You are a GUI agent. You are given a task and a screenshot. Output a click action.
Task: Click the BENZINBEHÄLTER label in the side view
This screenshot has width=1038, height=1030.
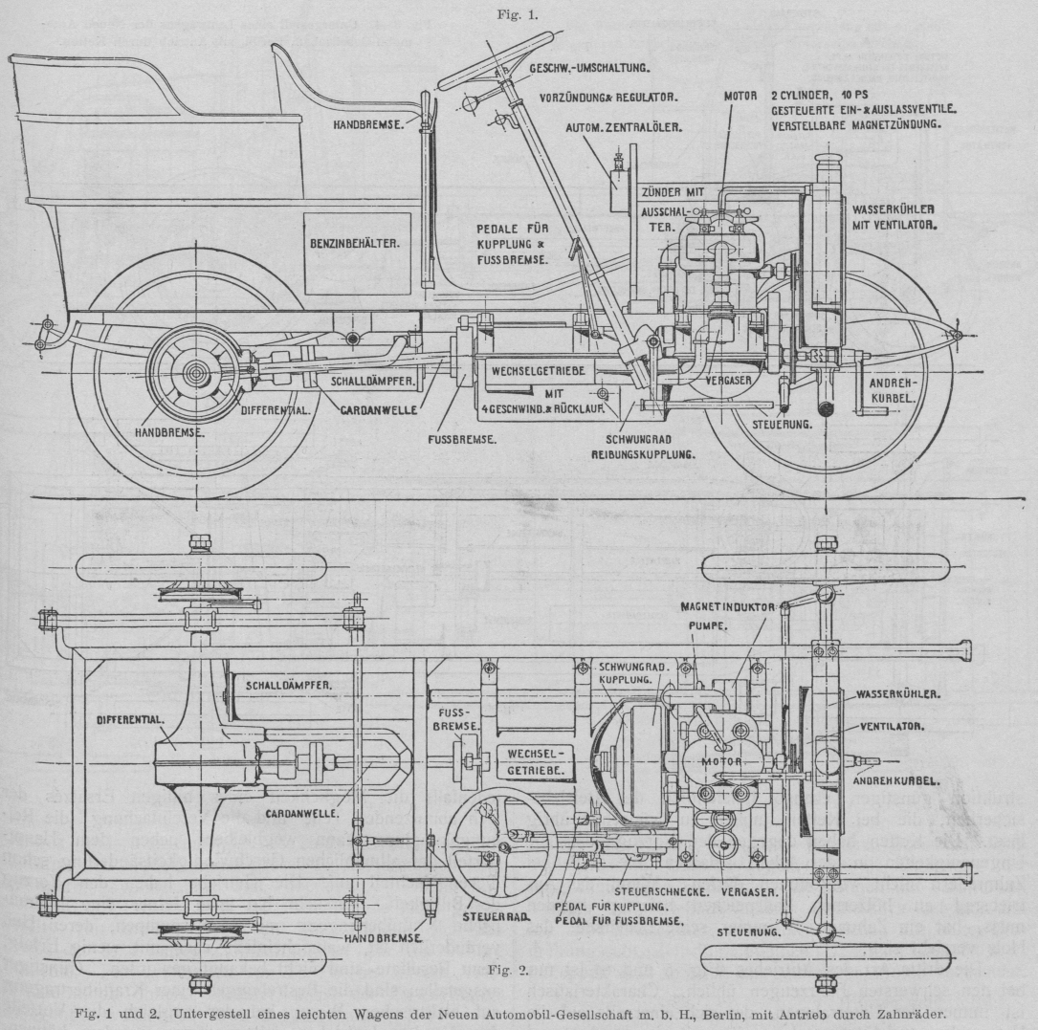[351, 245]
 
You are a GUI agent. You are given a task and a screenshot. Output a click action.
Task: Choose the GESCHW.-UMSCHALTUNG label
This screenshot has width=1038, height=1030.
[589, 68]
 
